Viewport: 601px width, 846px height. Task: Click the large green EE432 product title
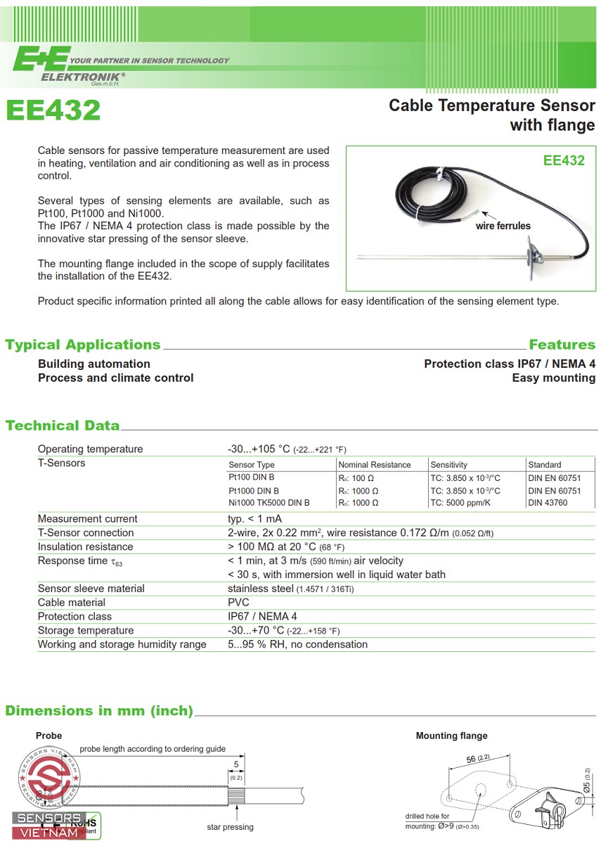point(53,110)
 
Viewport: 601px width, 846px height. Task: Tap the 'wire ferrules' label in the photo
point(503,226)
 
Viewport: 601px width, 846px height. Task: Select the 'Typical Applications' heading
point(83,345)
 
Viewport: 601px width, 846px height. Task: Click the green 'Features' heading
point(562,345)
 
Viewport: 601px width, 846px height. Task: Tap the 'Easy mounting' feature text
point(553,378)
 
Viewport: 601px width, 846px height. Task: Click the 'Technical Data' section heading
point(63,425)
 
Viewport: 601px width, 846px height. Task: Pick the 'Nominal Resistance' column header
point(375,465)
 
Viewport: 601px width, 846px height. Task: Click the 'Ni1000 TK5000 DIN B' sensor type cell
point(269,503)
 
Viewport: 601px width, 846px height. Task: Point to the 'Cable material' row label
point(72,603)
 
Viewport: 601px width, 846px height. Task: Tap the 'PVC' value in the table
point(238,603)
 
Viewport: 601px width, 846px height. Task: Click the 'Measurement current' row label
point(88,519)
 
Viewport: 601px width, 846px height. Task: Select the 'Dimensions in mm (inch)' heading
point(99,711)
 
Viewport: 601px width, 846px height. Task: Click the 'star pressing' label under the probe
point(230,827)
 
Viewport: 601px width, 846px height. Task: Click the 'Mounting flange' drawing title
point(451,736)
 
